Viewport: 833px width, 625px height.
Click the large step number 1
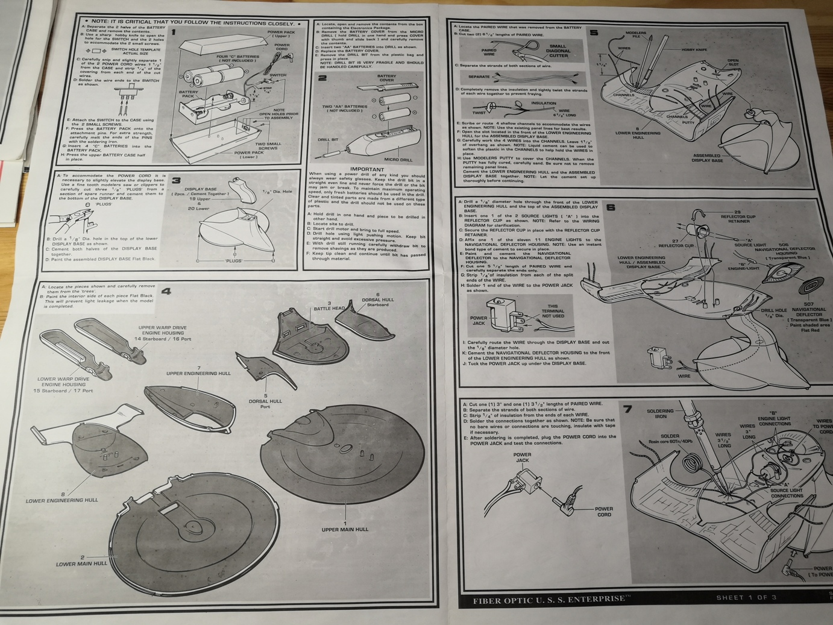pos(174,33)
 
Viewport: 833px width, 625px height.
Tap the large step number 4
pos(165,292)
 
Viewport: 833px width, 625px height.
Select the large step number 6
pos(611,207)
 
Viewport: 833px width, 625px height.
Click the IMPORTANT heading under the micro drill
pos(366,169)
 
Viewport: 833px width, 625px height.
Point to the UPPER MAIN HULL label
pos(345,529)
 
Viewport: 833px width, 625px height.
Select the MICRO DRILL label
pos(398,160)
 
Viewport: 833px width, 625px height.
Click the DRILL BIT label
pos(328,140)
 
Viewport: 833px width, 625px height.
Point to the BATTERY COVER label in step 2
pos(386,78)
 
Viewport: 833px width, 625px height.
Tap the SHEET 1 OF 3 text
pos(746,598)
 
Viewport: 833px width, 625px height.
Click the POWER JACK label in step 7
pos(522,457)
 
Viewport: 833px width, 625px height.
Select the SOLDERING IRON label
pos(660,413)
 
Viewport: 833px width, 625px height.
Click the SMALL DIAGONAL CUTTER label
pos(558,51)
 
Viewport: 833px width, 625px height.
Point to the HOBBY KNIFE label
pos(694,50)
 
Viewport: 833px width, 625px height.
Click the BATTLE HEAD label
pos(329,308)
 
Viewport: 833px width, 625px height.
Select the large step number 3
pos(176,180)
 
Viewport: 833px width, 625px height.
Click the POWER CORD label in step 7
pos(603,512)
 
